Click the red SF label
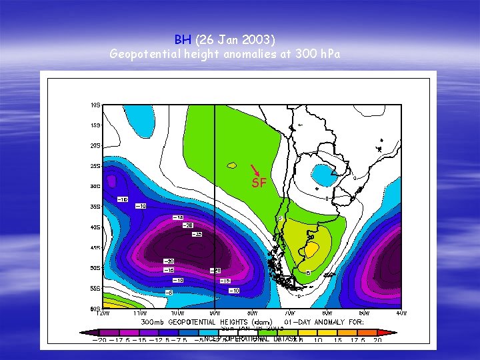click(259, 183)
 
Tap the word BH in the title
click(183, 39)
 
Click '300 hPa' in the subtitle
click(317, 54)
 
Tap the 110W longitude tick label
click(139, 313)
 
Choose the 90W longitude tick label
click(215, 313)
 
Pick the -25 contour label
click(197, 235)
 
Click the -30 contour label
click(169, 261)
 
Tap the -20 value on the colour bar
click(99, 341)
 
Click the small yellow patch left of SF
click(232, 165)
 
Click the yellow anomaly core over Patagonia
click(310, 249)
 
